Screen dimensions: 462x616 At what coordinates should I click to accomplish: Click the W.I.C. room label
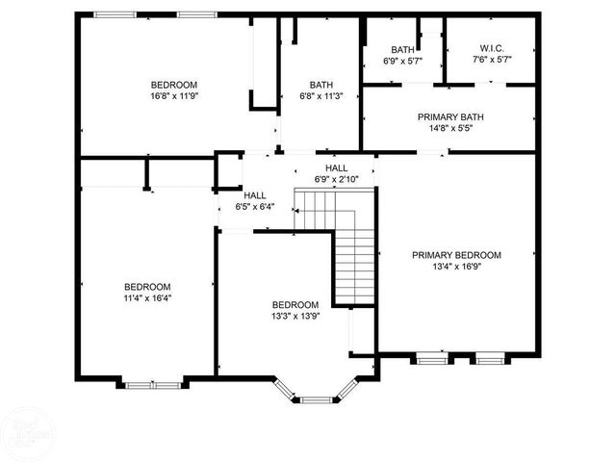coord(492,49)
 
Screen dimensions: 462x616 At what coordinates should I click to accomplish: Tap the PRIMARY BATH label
coord(450,117)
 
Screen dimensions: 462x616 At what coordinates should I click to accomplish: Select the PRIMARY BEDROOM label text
coord(457,255)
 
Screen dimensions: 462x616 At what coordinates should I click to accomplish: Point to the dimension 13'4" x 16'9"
coord(457,268)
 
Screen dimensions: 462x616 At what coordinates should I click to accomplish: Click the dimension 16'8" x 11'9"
coord(173,96)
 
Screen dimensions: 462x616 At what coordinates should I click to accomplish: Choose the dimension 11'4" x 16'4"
coord(147,299)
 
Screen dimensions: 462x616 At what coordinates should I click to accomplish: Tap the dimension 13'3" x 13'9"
coord(295,317)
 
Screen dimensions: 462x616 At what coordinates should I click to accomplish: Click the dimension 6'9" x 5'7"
coord(402,61)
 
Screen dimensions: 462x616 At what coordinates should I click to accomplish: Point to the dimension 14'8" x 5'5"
coord(450,129)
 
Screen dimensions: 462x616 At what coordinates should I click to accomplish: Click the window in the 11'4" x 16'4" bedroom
coord(152,385)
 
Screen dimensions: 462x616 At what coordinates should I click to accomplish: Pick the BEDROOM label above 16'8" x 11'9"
coord(173,84)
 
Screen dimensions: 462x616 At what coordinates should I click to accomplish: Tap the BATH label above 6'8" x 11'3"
coord(321,84)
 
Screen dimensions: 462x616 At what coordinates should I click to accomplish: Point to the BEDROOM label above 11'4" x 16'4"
coord(147,287)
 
